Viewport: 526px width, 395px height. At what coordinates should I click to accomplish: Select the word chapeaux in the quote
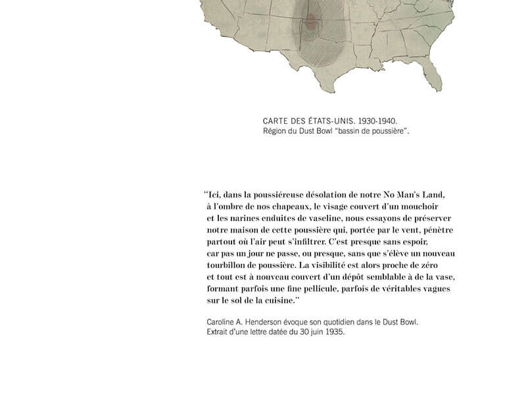(285, 206)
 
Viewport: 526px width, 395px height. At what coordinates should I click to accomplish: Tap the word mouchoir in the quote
(425, 206)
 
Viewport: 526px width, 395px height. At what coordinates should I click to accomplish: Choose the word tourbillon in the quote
(228, 265)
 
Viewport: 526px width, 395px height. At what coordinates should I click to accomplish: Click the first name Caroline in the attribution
(222, 322)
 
